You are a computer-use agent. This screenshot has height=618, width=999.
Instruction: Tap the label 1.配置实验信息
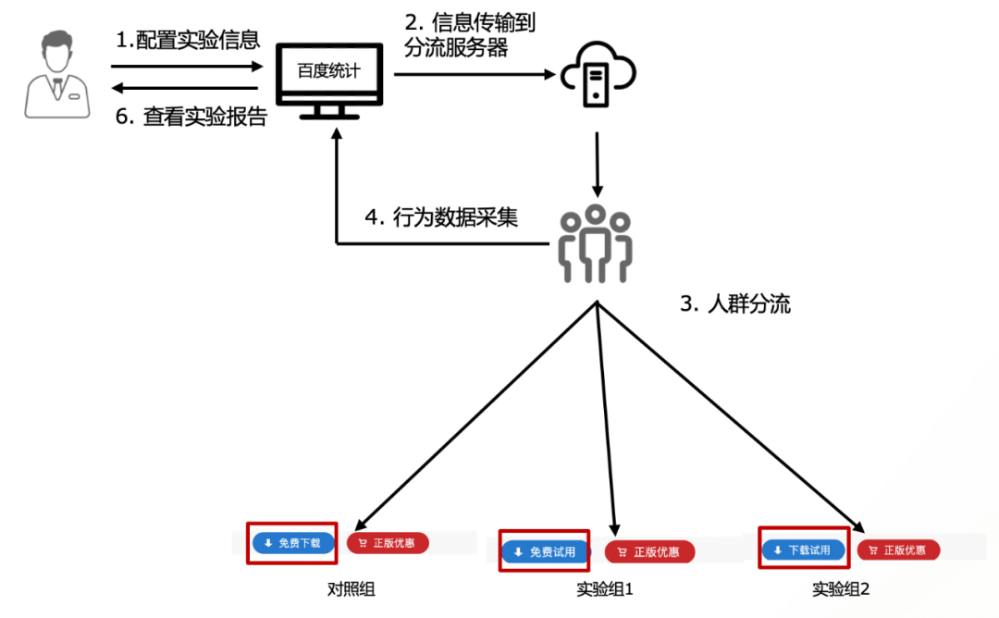[188, 40]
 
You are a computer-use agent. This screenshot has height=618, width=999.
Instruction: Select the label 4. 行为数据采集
[441, 217]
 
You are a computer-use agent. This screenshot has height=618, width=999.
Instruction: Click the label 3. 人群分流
[735, 304]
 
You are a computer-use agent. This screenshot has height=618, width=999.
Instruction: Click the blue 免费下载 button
[292, 543]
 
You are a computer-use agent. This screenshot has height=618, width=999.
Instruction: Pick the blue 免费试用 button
[545, 552]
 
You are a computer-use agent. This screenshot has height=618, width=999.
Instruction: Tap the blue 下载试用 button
[803, 550]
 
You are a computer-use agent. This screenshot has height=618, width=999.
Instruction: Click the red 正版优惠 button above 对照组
[388, 543]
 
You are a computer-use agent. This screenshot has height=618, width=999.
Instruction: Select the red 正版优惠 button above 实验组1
[649, 552]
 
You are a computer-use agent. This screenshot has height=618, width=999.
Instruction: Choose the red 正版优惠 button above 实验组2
[898, 550]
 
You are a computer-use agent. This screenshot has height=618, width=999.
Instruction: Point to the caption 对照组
[351, 588]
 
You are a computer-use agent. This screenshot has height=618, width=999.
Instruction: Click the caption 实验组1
[604, 589]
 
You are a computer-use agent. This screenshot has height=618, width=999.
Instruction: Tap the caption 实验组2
[842, 589]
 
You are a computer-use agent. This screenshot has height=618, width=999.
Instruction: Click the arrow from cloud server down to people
[598, 163]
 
